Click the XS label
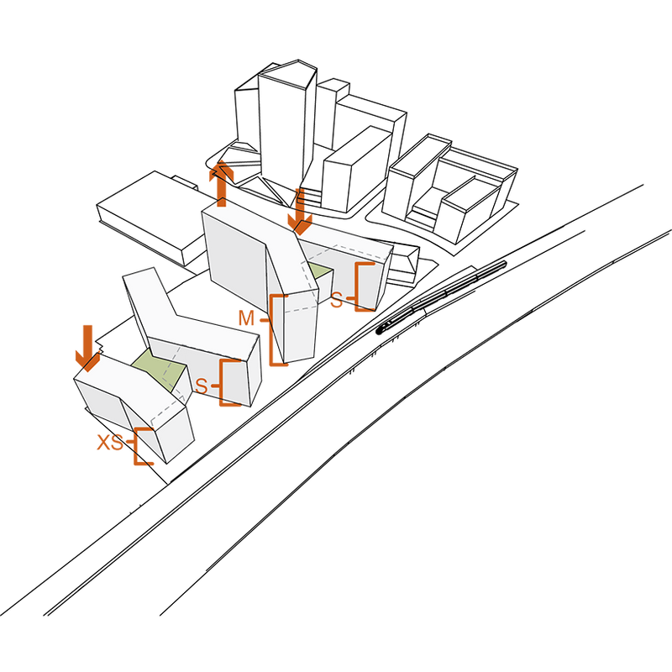click(x=110, y=443)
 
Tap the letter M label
click(x=246, y=318)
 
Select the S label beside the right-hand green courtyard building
click(x=337, y=301)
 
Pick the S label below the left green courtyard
click(x=201, y=386)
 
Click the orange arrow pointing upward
click(x=221, y=184)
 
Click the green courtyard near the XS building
click(x=160, y=369)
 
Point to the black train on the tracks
click(x=442, y=297)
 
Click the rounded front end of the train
click(x=380, y=330)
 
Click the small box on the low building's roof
click(x=185, y=181)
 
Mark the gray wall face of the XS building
click(x=99, y=404)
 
